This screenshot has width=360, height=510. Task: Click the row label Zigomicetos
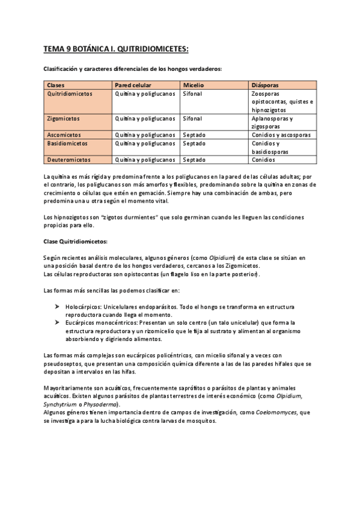point(63,119)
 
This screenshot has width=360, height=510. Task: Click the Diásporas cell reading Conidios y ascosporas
point(281,135)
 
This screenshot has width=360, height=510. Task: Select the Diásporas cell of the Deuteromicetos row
point(264,160)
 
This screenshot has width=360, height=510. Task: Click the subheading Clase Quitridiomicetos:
point(75,241)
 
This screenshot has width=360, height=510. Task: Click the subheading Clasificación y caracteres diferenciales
point(133,69)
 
